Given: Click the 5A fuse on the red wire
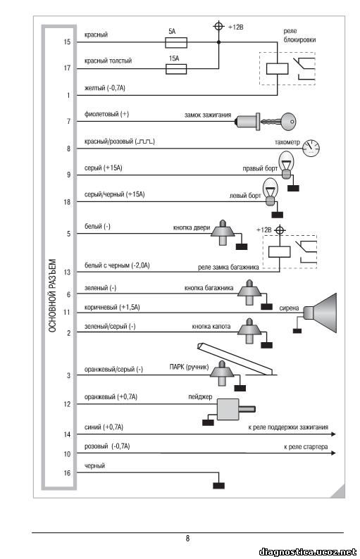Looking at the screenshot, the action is pyautogui.click(x=176, y=43).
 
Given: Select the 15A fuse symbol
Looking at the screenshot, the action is pyautogui.click(x=176, y=69).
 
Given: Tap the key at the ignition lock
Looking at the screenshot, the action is pyautogui.click(x=281, y=122).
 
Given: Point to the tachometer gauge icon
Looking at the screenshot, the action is pyautogui.click(x=311, y=147).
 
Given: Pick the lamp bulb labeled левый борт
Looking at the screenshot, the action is pyautogui.click(x=271, y=191).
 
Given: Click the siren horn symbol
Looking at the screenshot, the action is pyautogui.click(x=320, y=313).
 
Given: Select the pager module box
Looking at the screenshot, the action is pyautogui.click(x=228, y=409).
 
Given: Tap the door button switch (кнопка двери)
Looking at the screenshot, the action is pyautogui.click(x=223, y=232).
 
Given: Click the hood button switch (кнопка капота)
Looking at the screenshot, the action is pyautogui.click(x=250, y=330).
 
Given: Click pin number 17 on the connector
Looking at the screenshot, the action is pyautogui.click(x=67, y=68).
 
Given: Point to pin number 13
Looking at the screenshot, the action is pyautogui.click(x=67, y=272).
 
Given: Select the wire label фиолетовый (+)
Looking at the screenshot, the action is pyautogui.click(x=106, y=114).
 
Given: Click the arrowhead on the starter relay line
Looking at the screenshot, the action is pyautogui.click(x=333, y=453).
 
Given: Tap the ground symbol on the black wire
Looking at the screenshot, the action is pyautogui.click(x=218, y=486).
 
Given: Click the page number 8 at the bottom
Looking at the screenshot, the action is pyautogui.click(x=187, y=539).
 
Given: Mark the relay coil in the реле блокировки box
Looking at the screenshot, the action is pyautogui.click(x=278, y=69).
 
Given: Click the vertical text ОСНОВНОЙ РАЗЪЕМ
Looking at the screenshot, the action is pyautogui.click(x=52, y=296).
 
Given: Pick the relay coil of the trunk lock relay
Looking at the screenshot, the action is pyautogui.click(x=280, y=252).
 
